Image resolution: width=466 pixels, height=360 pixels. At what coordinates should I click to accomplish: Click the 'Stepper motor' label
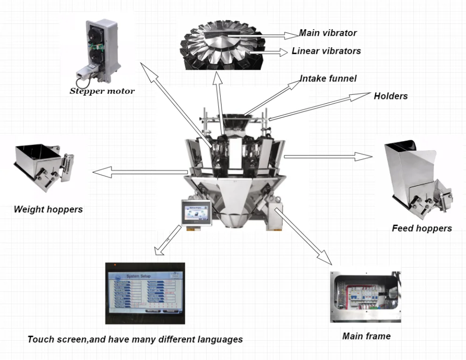pyautogui.click(x=102, y=91)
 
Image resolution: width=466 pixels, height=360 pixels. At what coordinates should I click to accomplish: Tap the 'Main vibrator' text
pyautogui.click(x=328, y=33)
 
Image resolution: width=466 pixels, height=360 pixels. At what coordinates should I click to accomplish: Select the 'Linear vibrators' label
pyautogui.click(x=326, y=51)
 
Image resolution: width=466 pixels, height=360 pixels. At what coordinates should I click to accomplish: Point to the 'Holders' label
pyautogui.click(x=390, y=96)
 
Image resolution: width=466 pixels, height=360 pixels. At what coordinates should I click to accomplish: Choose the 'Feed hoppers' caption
pyautogui.click(x=421, y=229)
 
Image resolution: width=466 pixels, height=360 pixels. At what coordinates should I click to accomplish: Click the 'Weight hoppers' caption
pyautogui.click(x=48, y=209)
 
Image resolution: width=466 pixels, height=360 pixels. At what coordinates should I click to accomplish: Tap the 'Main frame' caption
pyautogui.click(x=366, y=336)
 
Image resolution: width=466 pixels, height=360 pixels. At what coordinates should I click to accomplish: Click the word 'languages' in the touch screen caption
pyautogui.click(x=220, y=339)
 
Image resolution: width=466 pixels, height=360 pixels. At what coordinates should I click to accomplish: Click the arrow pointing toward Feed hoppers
pyautogui.click(x=328, y=157)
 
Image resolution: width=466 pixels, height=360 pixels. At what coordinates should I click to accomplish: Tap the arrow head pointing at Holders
pyautogui.click(x=361, y=96)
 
